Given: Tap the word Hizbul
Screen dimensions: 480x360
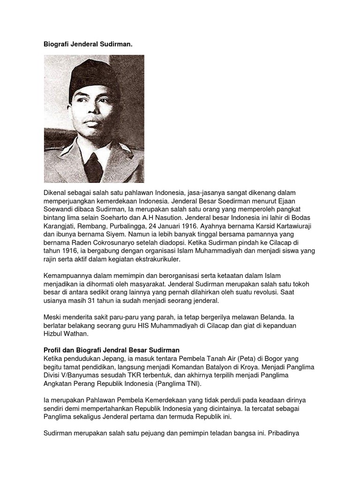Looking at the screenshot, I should [54, 334].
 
